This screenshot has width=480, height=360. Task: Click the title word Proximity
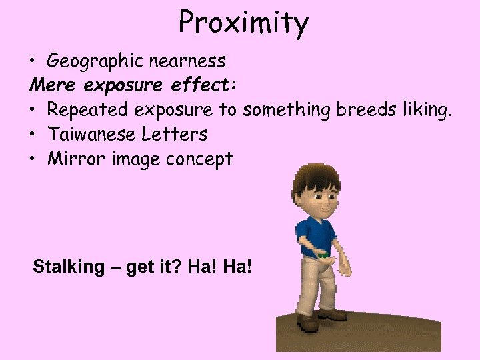[x=243, y=23]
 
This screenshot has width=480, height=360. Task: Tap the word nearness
[x=187, y=61]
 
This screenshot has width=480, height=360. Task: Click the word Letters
[x=175, y=134]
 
